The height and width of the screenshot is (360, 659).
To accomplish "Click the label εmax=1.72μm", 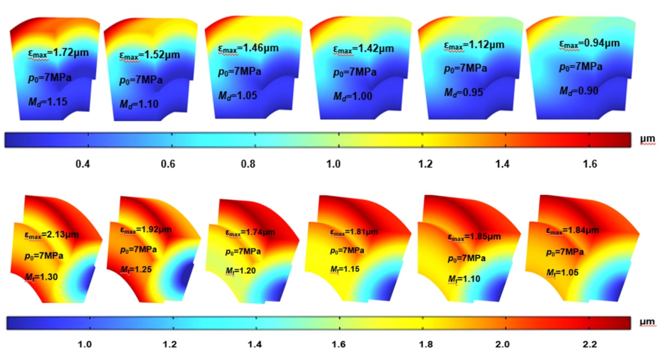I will (58, 53).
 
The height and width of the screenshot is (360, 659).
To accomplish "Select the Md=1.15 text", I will (48, 102).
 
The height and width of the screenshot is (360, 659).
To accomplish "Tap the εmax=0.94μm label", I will (589, 43).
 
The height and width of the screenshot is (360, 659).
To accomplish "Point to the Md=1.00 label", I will (353, 96).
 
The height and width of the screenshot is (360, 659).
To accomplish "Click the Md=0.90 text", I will (579, 91).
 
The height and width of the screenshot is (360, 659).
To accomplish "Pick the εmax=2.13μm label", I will (52, 235).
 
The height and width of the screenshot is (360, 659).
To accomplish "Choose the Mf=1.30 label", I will (42, 277).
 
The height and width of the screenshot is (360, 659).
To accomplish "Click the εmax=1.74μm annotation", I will (250, 232).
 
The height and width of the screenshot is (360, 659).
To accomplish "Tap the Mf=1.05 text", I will (562, 272).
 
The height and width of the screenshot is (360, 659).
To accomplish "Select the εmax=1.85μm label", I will (474, 237).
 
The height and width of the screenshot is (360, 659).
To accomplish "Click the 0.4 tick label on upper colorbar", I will (83, 164).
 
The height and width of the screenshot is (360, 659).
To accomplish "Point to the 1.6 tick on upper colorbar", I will (590, 164).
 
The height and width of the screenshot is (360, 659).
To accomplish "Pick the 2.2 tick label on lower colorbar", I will (589, 344).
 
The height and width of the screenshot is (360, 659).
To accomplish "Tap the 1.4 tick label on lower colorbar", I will (255, 344).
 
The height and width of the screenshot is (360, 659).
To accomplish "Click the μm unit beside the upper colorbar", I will (647, 139).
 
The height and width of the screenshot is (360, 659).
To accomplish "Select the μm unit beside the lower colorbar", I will (647, 322).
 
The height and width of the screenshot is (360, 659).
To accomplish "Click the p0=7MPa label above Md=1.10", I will (141, 80).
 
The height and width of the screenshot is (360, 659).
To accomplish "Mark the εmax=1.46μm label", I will (248, 48).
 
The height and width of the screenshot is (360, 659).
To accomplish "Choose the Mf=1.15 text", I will (345, 269).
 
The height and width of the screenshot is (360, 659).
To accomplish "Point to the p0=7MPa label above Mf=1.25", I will (139, 250).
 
